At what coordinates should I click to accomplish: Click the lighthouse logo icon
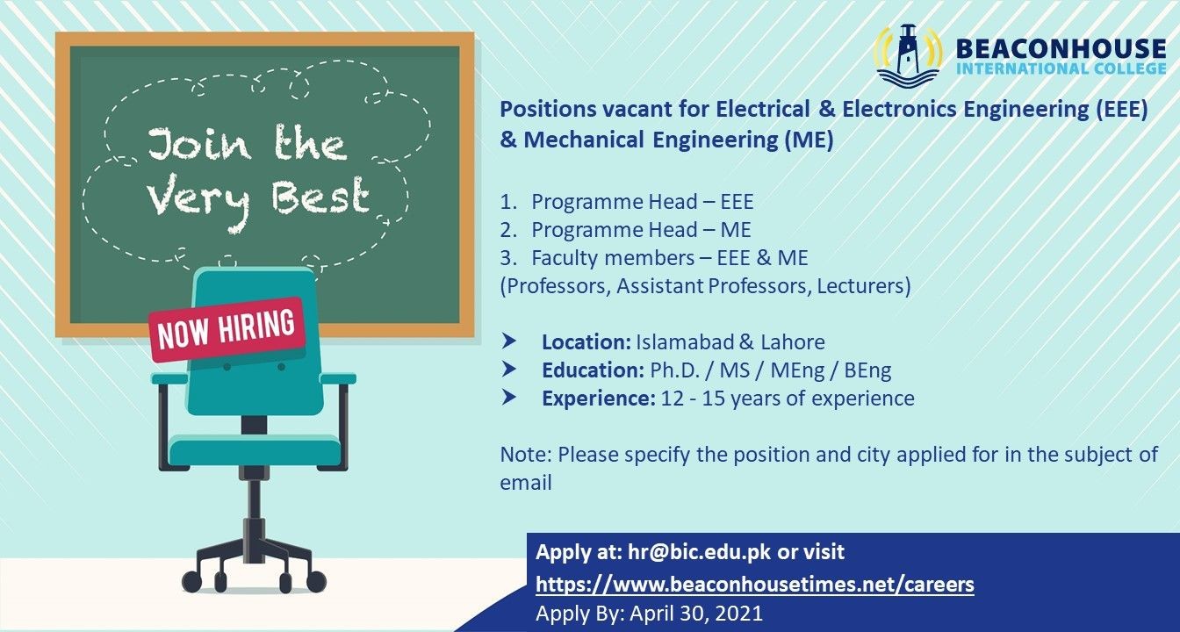(908, 55)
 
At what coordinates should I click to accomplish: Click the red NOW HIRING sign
(227, 330)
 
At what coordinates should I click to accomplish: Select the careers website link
(755, 584)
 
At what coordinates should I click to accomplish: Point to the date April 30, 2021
(696, 613)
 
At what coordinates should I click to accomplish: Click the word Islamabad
(684, 342)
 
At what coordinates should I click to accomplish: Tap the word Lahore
(792, 342)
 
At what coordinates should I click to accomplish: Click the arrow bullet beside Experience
(509, 398)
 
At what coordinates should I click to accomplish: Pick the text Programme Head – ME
(641, 230)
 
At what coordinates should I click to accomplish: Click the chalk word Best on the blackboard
(320, 197)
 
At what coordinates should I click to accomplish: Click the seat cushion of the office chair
(255, 451)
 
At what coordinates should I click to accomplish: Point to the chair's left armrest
(169, 378)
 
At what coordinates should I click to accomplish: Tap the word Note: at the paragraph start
(526, 455)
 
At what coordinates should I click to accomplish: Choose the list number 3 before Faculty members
(507, 258)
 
